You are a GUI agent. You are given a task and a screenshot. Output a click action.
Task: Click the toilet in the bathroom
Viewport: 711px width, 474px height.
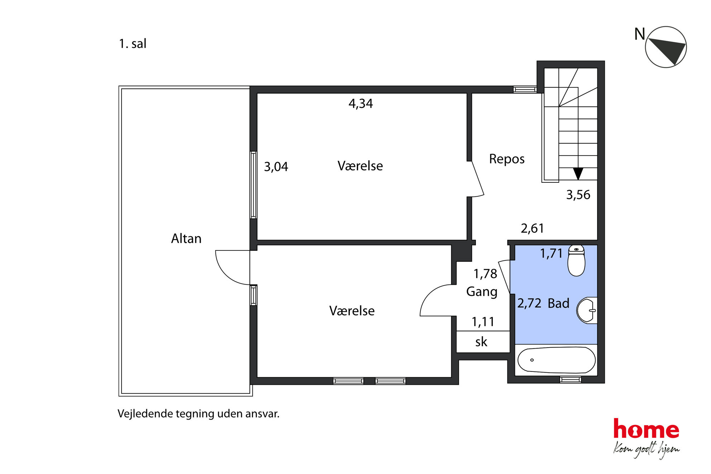576,260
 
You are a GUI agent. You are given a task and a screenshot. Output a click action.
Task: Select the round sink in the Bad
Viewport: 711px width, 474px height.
587,310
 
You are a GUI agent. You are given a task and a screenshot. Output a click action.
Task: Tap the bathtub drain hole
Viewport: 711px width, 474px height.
532,360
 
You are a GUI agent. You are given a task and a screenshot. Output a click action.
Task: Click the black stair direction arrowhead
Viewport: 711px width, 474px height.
578,174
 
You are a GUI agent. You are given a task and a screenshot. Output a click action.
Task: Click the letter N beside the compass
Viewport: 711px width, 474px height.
640,34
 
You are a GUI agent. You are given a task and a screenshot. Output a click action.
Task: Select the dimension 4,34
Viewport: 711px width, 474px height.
361,104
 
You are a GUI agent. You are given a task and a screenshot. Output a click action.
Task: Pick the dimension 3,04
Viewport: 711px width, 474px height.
276,167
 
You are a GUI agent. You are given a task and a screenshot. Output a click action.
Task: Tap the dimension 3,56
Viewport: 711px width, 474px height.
578,195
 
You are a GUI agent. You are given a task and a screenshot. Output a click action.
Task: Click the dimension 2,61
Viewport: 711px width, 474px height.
532,228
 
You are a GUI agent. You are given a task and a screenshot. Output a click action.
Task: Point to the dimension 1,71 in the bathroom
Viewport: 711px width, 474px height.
552,254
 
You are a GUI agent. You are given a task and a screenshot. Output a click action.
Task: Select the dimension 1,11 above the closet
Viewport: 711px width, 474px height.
483,322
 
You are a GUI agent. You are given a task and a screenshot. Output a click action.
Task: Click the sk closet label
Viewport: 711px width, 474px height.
481,342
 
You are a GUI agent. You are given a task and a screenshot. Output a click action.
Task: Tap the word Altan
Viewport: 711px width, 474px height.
186,239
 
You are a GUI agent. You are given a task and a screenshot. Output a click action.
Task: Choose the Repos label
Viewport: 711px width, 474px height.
507,159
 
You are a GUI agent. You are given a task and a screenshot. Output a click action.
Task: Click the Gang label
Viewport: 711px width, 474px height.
482,292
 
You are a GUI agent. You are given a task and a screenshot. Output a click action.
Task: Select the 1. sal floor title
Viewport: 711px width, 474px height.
133,44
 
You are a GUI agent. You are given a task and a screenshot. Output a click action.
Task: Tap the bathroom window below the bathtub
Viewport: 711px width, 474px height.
571,379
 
